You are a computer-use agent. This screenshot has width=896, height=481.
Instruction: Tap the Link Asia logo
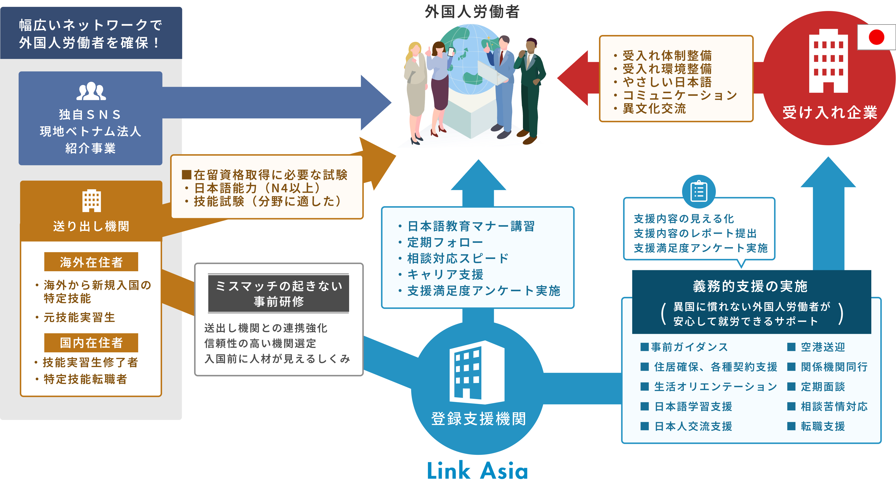[x=477, y=470]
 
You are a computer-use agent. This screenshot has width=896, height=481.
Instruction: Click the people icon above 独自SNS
[x=91, y=91]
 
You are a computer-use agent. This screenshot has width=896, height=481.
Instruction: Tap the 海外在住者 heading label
[x=91, y=262]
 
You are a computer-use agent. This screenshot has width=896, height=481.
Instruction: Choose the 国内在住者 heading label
[x=91, y=343]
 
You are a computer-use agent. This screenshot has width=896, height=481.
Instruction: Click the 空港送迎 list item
[x=823, y=347]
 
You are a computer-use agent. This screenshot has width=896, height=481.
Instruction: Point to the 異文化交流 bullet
[x=654, y=109]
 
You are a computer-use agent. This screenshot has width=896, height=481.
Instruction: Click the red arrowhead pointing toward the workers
[x=574, y=78]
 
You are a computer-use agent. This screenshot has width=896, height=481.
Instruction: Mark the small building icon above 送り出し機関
[x=91, y=201]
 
